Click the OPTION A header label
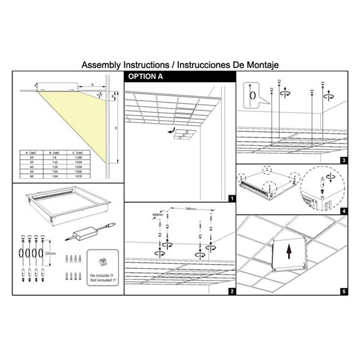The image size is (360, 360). [143, 77]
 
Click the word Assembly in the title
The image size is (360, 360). [100, 64]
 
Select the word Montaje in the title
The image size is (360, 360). [263, 64]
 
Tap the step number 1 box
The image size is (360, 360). [232, 197]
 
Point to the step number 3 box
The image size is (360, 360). [343, 160]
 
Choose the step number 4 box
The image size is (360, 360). [343, 211]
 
